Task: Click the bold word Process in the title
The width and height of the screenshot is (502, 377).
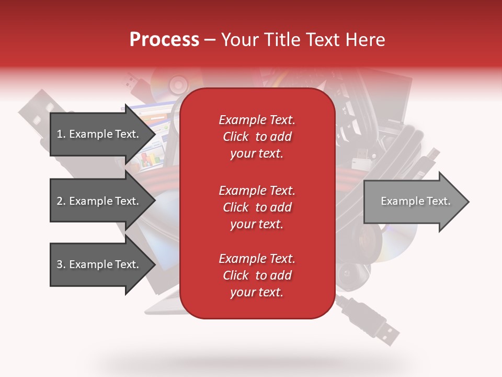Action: (x=164, y=40)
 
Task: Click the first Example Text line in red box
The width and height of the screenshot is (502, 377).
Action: (x=257, y=120)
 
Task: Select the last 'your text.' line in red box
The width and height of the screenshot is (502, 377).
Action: (x=257, y=292)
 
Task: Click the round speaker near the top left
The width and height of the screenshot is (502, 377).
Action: (x=178, y=84)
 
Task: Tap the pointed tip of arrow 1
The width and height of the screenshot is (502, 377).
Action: (x=154, y=134)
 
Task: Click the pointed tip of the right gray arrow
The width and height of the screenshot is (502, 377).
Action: (x=468, y=202)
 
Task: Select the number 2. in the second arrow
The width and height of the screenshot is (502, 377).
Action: (x=61, y=201)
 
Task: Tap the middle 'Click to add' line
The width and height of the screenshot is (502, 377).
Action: (x=257, y=207)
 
